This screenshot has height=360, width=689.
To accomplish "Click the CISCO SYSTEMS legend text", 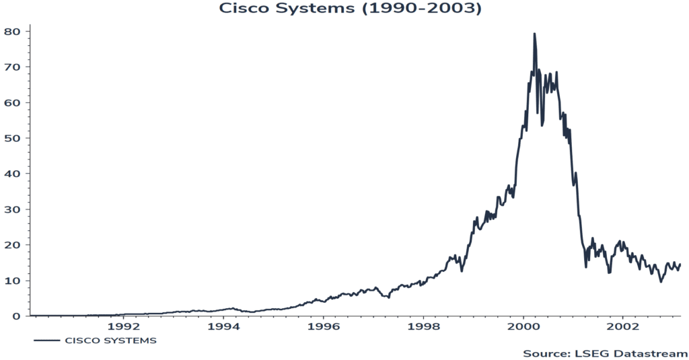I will pos(110,340).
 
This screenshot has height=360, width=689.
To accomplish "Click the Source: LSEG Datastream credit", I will pos(605,353).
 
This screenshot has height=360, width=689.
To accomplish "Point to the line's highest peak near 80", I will pos(534,34).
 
